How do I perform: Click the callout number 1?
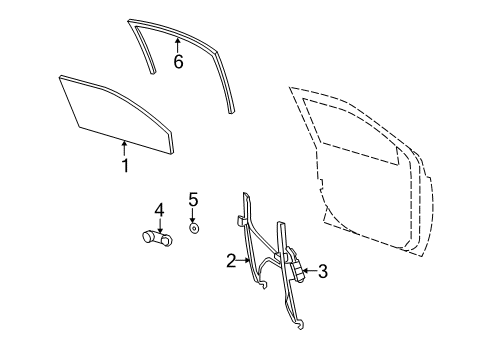point(125,166)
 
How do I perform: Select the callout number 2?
point(231,261)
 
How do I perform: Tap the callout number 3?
point(322,270)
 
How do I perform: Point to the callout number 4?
point(158,209)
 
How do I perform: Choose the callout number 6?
point(178,62)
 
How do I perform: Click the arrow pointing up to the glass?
point(125,148)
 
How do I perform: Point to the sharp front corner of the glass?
point(63,77)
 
